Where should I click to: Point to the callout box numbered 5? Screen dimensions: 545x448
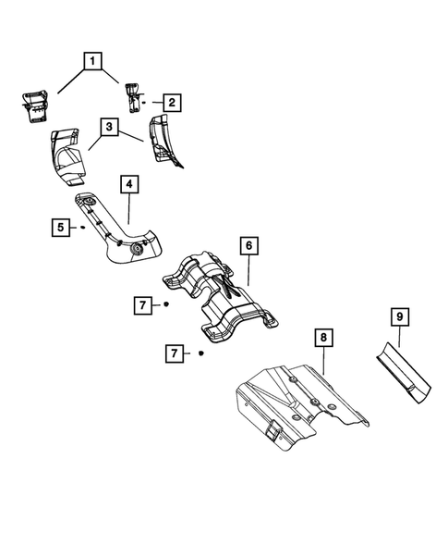(x=61, y=225)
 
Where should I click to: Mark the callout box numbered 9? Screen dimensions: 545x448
(x=400, y=317)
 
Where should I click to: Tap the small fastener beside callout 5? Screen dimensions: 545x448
(x=82, y=225)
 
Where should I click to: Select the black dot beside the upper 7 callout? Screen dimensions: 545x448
(x=166, y=304)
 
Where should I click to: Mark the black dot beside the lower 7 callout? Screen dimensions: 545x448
(x=200, y=353)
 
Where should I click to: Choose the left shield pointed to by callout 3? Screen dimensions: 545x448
(x=67, y=155)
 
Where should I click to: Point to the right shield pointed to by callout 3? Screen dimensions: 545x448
(x=165, y=140)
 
